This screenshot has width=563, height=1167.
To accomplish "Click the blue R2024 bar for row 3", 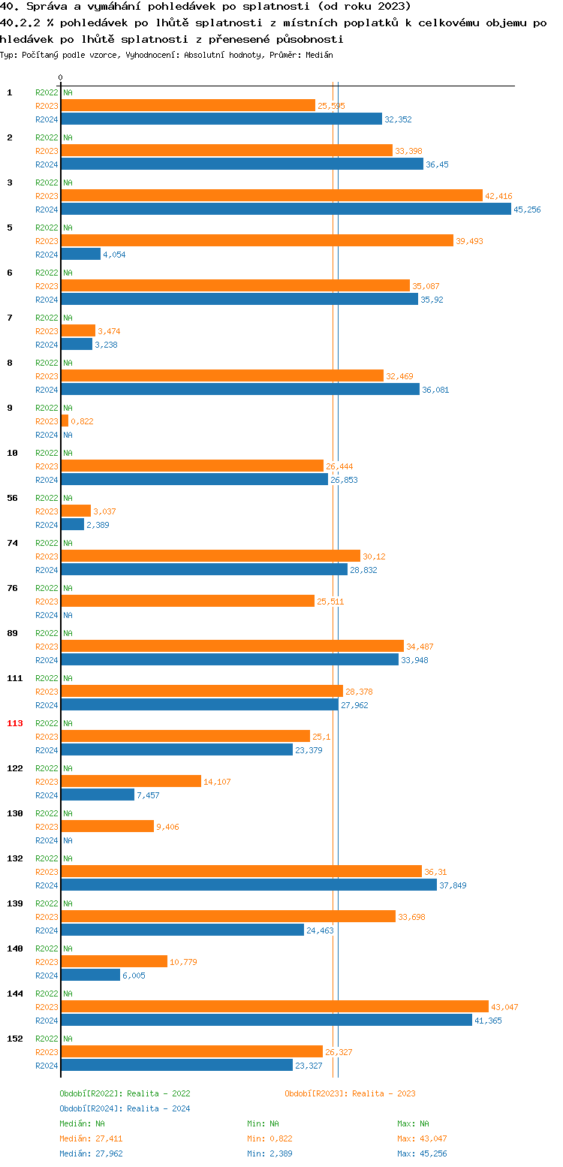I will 285,210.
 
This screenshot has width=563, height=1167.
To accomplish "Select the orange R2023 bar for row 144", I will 274,1006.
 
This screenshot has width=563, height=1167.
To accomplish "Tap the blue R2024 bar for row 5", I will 80,255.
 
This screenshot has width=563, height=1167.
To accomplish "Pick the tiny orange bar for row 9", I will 65,421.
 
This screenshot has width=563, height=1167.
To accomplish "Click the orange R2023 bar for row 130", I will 107,826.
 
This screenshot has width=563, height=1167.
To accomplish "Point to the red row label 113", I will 15,723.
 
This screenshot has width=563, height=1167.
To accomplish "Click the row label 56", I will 13,498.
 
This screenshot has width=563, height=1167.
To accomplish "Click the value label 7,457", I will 148,795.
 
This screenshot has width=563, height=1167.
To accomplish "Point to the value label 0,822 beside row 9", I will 82,421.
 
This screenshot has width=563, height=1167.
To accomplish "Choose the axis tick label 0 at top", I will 61,77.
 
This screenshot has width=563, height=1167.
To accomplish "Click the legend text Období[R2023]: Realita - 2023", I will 350,1093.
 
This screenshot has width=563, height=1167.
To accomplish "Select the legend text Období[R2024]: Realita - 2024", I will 125,1108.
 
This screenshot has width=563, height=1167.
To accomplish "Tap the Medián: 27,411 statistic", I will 91,1138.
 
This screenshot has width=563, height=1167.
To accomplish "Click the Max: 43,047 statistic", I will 422,1138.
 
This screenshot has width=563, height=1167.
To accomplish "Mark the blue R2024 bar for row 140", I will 90,975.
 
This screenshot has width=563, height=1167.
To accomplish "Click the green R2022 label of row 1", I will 47,92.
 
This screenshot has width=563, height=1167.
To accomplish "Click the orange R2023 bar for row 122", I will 131,781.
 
